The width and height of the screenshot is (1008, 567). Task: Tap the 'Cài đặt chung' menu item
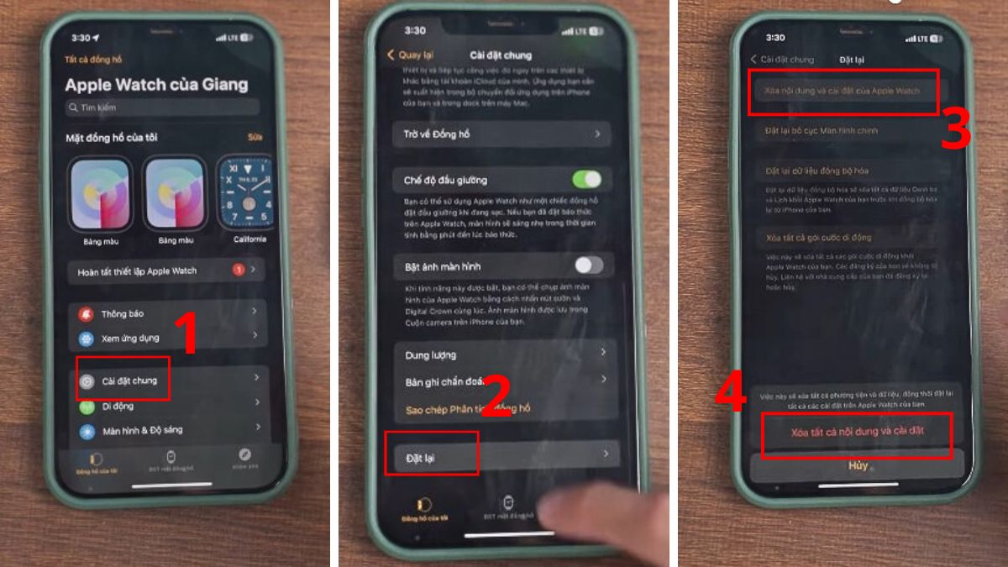(129, 381)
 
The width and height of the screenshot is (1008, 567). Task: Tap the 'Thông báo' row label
(123, 313)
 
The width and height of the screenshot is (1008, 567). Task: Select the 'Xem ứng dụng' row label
(130, 339)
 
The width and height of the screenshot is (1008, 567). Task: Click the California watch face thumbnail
(246, 195)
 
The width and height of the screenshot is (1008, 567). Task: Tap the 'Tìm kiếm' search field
(162, 108)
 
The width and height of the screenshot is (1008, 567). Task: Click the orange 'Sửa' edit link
(255, 137)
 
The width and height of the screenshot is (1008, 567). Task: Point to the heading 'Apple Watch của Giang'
(156, 85)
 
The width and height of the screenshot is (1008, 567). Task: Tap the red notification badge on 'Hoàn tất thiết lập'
(239, 270)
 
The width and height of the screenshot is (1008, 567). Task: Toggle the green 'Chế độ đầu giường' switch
(586, 179)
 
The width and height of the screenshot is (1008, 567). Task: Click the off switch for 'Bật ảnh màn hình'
(588, 265)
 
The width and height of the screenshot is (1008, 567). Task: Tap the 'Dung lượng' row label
(430, 355)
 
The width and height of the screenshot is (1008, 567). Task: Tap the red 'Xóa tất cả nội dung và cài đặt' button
(857, 433)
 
